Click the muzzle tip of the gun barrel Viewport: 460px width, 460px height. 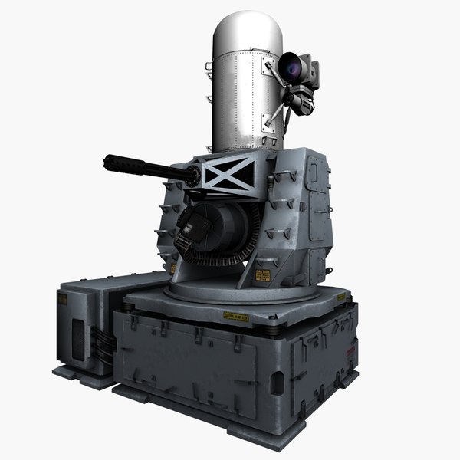[x=108, y=163]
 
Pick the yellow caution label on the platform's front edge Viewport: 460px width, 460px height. [x=235, y=316]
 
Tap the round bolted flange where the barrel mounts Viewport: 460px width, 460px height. [x=198, y=176]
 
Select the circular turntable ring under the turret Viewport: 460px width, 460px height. [x=230, y=289]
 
